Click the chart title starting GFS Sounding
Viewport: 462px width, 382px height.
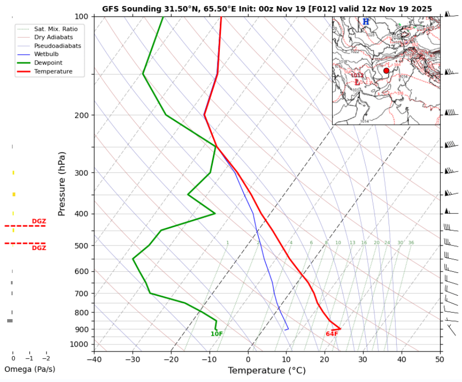click(267, 9)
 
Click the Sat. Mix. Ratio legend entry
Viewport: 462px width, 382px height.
click(56, 29)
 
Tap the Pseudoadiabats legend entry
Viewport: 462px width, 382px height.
click(58, 46)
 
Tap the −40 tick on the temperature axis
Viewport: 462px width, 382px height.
click(94, 359)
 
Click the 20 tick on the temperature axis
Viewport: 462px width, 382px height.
click(325, 359)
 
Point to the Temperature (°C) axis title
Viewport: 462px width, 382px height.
click(266, 371)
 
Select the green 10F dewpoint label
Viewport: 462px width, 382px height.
click(217, 334)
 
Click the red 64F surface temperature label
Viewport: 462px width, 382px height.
click(332, 334)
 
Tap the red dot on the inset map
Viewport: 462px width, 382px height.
click(387, 71)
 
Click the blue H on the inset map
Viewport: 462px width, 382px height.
click(366, 22)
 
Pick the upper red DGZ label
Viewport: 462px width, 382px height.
click(39, 221)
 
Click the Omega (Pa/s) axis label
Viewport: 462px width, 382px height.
click(29, 369)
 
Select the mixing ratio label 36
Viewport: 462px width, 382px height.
click(411, 243)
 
